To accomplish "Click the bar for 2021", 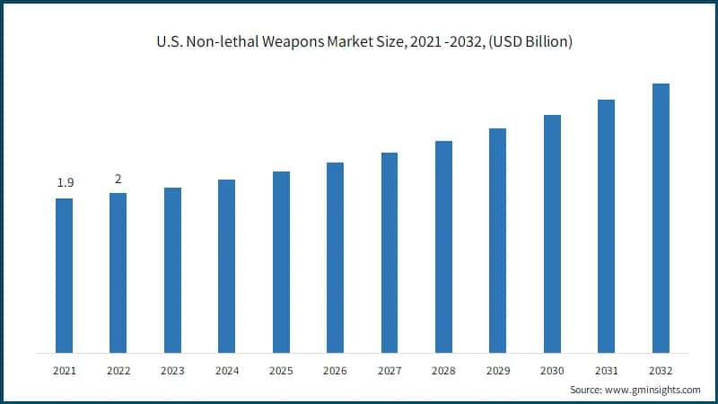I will tap(65, 276).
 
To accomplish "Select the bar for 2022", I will tap(118, 273).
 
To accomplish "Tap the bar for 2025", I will tap(281, 262).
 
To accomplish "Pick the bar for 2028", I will tap(443, 247).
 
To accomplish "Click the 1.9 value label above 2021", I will tap(65, 183).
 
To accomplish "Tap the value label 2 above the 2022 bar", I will tap(118, 179).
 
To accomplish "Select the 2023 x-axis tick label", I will tap(172, 369).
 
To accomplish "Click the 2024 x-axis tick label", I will tap(227, 369).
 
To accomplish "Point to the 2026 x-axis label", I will tap(335, 369).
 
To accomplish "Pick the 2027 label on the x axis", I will tap(390, 369).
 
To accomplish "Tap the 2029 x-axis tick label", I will tap(497, 369).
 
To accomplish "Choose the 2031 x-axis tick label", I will tap(606, 369).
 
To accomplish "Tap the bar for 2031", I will tap(606, 226).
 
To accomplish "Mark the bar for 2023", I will tap(172, 270).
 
